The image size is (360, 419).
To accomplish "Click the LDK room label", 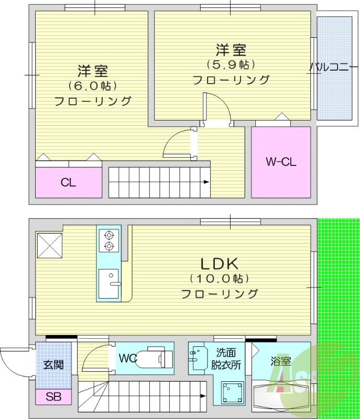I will pos(219,263).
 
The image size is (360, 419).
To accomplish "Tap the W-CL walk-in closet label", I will pos(281,162).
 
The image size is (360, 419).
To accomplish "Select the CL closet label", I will pos(68,183).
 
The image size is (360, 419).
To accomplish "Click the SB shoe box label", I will pos(53,397).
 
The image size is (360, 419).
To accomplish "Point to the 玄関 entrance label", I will pos(53,365).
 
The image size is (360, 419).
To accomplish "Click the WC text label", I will pos(128,359).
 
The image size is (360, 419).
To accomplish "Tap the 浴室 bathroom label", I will pos(281,361).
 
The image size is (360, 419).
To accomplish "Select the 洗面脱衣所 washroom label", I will pos(226,359).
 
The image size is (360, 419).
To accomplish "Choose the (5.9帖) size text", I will pos(231,64).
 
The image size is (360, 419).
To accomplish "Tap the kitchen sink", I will pos(108,283).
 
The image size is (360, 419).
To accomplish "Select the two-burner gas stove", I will pos(109,240).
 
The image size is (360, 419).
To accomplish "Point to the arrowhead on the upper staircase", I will pos(206,182).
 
